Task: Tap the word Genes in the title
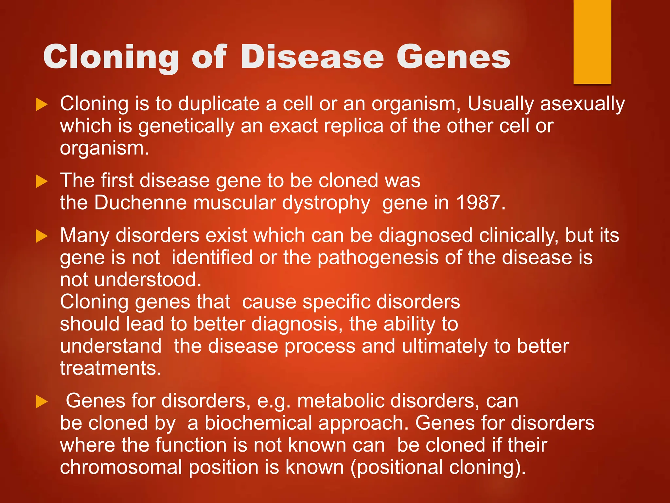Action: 453,57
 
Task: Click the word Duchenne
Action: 140,203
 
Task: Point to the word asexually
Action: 582,104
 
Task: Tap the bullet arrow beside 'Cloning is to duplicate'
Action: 42,104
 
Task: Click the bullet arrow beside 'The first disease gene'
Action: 42,181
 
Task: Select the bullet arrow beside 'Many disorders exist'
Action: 42,236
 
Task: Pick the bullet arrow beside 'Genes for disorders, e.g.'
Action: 42,401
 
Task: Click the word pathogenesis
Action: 378,258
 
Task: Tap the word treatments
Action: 111,368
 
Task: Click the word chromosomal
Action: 121,467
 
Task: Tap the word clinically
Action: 519,236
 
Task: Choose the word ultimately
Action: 445,346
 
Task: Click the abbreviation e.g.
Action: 274,401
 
